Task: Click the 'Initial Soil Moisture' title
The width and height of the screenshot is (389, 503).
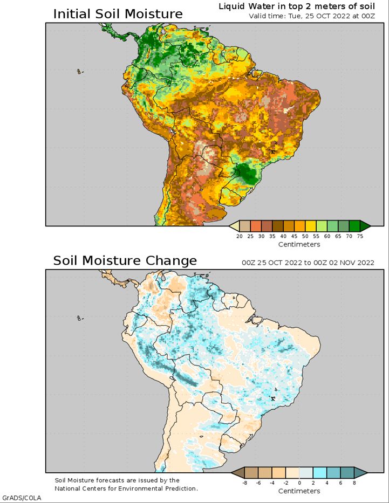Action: (x=118, y=14)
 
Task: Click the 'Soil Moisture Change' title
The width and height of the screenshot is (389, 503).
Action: (x=125, y=260)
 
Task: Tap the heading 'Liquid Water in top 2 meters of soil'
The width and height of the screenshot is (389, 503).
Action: (x=297, y=6)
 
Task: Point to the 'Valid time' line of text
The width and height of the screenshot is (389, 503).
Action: (x=312, y=16)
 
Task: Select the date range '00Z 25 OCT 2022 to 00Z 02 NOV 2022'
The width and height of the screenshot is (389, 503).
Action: (x=308, y=263)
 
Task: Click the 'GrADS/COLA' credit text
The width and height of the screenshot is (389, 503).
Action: (x=22, y=498)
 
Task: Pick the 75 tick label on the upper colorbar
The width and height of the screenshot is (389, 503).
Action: (x=360, y=236)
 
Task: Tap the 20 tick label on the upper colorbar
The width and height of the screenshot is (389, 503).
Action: (x=239, y=236)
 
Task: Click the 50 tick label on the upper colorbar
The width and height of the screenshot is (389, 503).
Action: (x=305, y=236)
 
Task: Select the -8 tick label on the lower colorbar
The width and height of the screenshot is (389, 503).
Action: (x=244, y=483)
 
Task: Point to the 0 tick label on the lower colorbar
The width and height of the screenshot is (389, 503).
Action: (x=299, y=483)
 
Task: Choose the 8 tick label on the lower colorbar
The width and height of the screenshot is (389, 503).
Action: (x=354, y=483)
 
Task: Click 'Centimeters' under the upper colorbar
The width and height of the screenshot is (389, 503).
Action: (x=299, y=244)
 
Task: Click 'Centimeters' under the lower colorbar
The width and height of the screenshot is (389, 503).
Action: (x=299, y=491)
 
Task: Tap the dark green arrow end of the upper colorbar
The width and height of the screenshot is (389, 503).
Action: (x=365, y=226)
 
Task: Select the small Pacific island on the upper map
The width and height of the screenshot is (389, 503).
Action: (x=79, y=72)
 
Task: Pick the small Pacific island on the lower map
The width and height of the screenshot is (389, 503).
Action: (x=79, y=318)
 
